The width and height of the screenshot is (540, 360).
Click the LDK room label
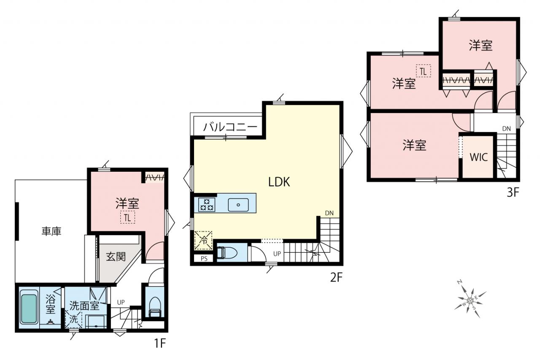tap(279, 182)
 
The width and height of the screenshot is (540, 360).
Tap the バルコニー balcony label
tap(230, 127)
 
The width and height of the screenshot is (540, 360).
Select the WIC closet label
tap(479, 157)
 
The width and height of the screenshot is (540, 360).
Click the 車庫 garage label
tap(51, 231)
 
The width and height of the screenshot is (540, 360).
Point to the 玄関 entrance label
tap(116, 257)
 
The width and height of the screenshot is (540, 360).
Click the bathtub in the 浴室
tap(29, 307)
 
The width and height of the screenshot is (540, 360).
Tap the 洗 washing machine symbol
tap(74, 319)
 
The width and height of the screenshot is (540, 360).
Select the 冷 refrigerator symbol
tap(203, 240)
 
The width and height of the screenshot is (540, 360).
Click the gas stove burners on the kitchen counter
tap(207, 204)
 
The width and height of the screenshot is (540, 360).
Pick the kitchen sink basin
tap(238, 205)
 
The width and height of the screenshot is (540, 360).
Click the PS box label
tap(204, 259)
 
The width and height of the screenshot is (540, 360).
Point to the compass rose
tap(470, 300)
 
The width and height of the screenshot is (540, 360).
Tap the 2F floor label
tap(336, 277)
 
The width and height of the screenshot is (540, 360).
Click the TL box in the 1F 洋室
tap(127, 218)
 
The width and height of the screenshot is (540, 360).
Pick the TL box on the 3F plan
tap(423, 71)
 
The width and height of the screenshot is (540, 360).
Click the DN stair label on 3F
tap(507, 129)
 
